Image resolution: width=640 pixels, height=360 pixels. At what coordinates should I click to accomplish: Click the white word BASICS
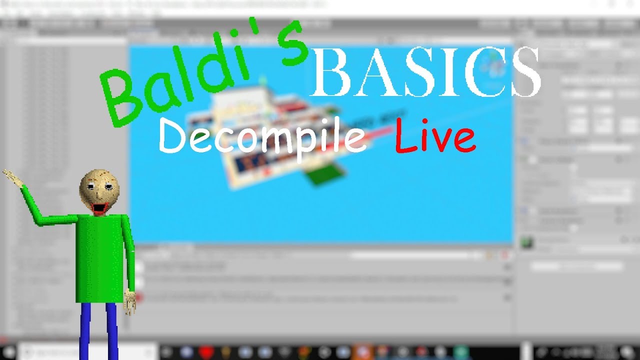425,72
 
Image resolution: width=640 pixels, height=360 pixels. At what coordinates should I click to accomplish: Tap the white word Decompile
262,137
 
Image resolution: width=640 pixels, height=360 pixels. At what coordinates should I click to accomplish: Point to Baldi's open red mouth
99,206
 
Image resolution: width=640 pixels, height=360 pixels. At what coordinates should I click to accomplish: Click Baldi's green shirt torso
100,255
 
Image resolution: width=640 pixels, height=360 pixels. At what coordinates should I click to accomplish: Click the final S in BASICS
522,72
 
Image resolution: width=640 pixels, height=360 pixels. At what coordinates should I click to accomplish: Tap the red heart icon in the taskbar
206,352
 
